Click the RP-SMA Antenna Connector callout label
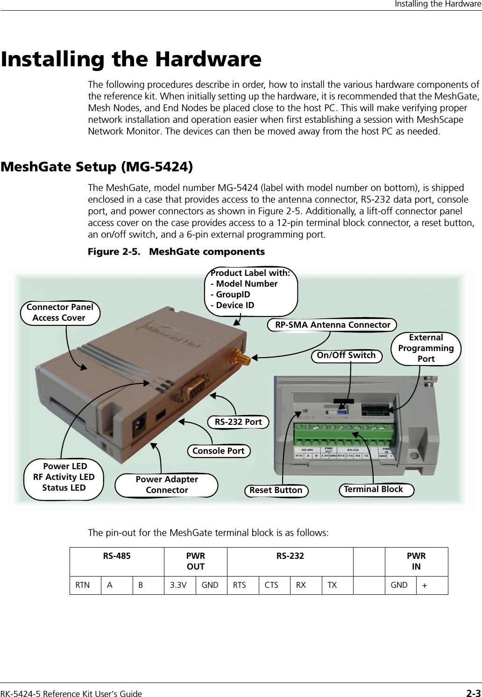(332, 325)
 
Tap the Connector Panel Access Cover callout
(60, 312)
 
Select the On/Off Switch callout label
(346, 356)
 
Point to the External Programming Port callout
(425, 348)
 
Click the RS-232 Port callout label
(238, 422)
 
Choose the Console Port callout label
(219, 451)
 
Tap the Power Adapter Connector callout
(167, 485)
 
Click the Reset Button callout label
(276, 491)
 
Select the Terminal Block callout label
(374, 490)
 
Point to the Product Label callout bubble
(251, 289)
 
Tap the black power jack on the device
(139, 426)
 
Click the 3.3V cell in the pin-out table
(179, 585)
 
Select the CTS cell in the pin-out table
(271, 585)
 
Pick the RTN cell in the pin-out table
(83, 585)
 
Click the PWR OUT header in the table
(195, 561)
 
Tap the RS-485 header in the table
(117, 556)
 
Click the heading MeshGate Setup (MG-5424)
(97, 167)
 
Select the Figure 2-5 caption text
(177, 252)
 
